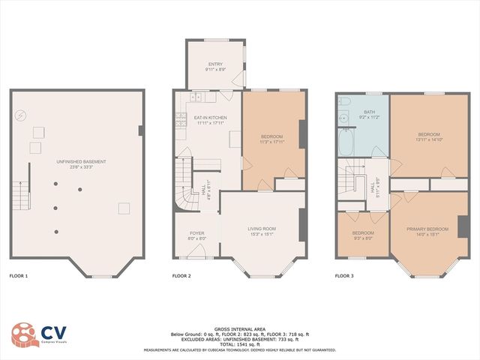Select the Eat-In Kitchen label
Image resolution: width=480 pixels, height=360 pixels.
pyautogui.click(x=210, y=120)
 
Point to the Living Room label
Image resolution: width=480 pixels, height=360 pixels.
pyautogui.click(x=262, y=230)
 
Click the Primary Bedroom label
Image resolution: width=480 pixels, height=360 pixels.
pyautogui.click(x=427, y=231)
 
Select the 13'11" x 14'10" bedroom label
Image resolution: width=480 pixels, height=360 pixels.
pyautogui.click(x=428, y=136)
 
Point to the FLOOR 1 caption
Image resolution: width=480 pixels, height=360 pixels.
pyautogui.click(x=18, y=277)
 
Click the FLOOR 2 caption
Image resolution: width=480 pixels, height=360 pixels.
pyautogui.click(x=181, y=277)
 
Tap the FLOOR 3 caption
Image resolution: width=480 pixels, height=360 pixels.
pyautogui.click(x=345, y=277)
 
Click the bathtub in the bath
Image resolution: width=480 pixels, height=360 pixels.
pyautogui.click(x=345, y=142)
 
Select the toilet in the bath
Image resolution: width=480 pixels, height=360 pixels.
pyautogui.click(x=345, y=102)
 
